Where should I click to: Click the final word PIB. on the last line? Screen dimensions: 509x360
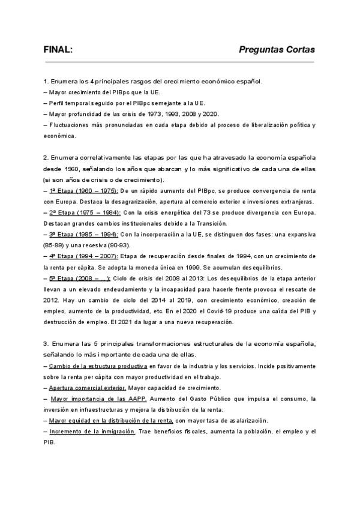point(49,442)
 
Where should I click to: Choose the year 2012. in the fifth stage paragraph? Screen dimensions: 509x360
point(52,300)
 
